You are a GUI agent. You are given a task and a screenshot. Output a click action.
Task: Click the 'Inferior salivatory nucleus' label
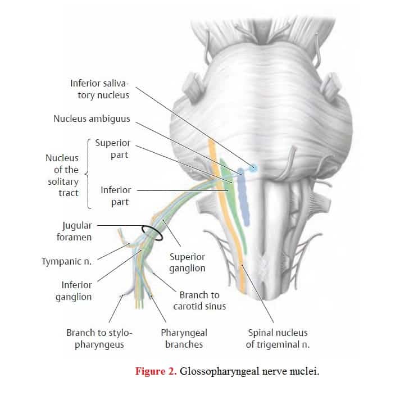[100, 89]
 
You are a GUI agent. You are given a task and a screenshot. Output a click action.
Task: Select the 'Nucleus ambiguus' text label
[92, 119]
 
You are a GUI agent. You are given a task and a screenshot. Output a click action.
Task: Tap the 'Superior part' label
[113, 149]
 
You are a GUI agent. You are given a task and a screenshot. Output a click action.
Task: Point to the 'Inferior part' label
[116, 196]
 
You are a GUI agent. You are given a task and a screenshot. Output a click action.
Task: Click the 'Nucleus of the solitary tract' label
[62, 175]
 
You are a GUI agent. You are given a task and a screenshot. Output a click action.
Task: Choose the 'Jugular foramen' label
[74, 231]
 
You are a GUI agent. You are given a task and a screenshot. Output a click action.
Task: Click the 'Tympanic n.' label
[66, 261]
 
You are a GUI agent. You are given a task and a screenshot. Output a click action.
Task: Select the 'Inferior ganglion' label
[74, 291]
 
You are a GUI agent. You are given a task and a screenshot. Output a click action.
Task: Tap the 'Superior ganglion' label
[187, 263]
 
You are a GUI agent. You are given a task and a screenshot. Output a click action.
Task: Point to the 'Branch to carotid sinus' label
[199, 301]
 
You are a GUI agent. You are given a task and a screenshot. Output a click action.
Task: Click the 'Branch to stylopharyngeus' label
[99, 339]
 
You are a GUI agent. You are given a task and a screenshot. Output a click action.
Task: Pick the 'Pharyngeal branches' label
[184, 339]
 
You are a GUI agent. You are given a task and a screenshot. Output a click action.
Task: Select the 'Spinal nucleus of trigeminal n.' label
[278, 339]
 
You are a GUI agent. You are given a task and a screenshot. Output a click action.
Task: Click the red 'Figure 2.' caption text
[156, 371]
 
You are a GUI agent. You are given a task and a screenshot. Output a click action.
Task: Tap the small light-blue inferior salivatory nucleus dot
[253, 168]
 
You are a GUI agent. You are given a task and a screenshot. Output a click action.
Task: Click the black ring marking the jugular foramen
[152, 233]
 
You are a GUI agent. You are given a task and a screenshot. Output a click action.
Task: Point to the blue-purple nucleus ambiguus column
[244, 197]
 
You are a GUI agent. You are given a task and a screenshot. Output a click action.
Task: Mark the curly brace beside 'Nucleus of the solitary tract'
[88, 174]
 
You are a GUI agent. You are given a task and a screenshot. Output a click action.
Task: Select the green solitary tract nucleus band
[233, 204]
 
